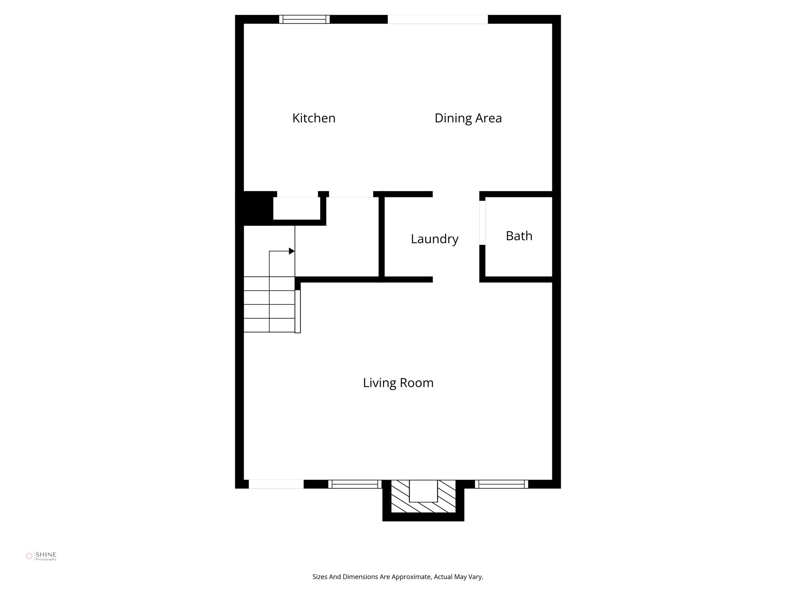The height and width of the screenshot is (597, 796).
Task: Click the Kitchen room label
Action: pos(314,118)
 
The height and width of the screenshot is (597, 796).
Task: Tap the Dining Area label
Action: pos(468,118)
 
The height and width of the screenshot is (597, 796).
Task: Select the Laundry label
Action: pos(435,239)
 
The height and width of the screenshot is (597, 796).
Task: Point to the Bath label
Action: pos(519,236)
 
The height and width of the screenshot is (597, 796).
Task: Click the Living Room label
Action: pos(398,383)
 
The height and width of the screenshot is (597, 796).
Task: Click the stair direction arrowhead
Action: pos(292,251)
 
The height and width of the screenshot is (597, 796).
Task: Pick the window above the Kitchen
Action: pos(304,19)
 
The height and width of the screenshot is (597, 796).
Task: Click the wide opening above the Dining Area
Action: pos(438,19)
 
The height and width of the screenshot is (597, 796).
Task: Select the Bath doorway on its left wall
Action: pos(482,223)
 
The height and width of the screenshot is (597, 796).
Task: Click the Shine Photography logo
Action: pos(41,556)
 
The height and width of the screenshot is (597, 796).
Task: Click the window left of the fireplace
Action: pos(355,484)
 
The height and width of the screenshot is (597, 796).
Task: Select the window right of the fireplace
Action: pos(501,484)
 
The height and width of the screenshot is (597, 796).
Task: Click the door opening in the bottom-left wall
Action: pos(276,484)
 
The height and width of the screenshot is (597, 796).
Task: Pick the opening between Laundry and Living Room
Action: pos(456,279)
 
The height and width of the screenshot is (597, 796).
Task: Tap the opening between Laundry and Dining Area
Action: pos(456,194)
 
